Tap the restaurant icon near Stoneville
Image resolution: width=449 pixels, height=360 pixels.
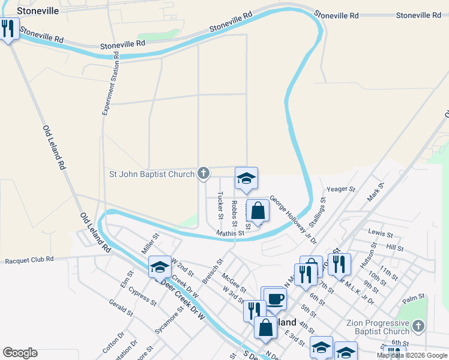[x=8, y=28]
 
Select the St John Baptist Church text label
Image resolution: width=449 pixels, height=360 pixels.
[x=151, y=175]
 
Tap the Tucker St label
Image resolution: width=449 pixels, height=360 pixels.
[x=221, y=205]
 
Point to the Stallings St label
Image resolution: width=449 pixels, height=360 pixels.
[x=318, y=212]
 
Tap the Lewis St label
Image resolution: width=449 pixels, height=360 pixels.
[x=381, y=232]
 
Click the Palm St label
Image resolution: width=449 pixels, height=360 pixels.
[x=414, y=297]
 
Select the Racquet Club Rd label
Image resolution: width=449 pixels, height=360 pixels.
[x=29, y=260]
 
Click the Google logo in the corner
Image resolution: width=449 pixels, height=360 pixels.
[x=20, y=353]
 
